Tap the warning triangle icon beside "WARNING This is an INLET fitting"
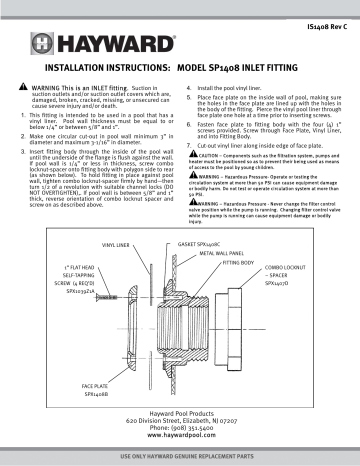pos(26,93)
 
